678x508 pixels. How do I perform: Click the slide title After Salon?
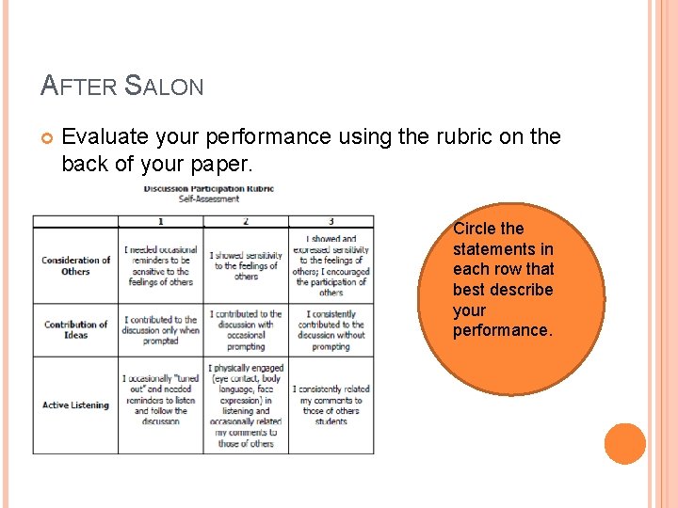click(122, 86)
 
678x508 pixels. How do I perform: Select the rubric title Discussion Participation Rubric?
click(208, 188)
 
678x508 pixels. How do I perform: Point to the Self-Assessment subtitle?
click(209, 198)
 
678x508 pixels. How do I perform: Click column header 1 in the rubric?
click(160, 221)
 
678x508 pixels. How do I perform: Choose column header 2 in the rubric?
click(245, 221)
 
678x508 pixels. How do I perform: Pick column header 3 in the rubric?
click(331, 221)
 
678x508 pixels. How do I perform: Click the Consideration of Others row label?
click(75, 265)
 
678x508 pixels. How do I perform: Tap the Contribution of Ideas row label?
click(75, 329)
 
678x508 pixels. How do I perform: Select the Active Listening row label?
click(75, 405)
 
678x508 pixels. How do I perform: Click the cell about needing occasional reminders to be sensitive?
click(160, 265)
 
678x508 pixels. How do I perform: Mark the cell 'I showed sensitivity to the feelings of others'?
click(245, 265)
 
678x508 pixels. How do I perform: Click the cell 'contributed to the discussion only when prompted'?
click(160, 330)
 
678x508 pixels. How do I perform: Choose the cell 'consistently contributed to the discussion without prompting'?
click(331, 330)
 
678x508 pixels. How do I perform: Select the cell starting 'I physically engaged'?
click(245, 405)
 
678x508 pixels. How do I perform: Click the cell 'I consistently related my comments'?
click(331, 405)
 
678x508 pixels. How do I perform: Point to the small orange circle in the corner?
click(625, 444)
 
